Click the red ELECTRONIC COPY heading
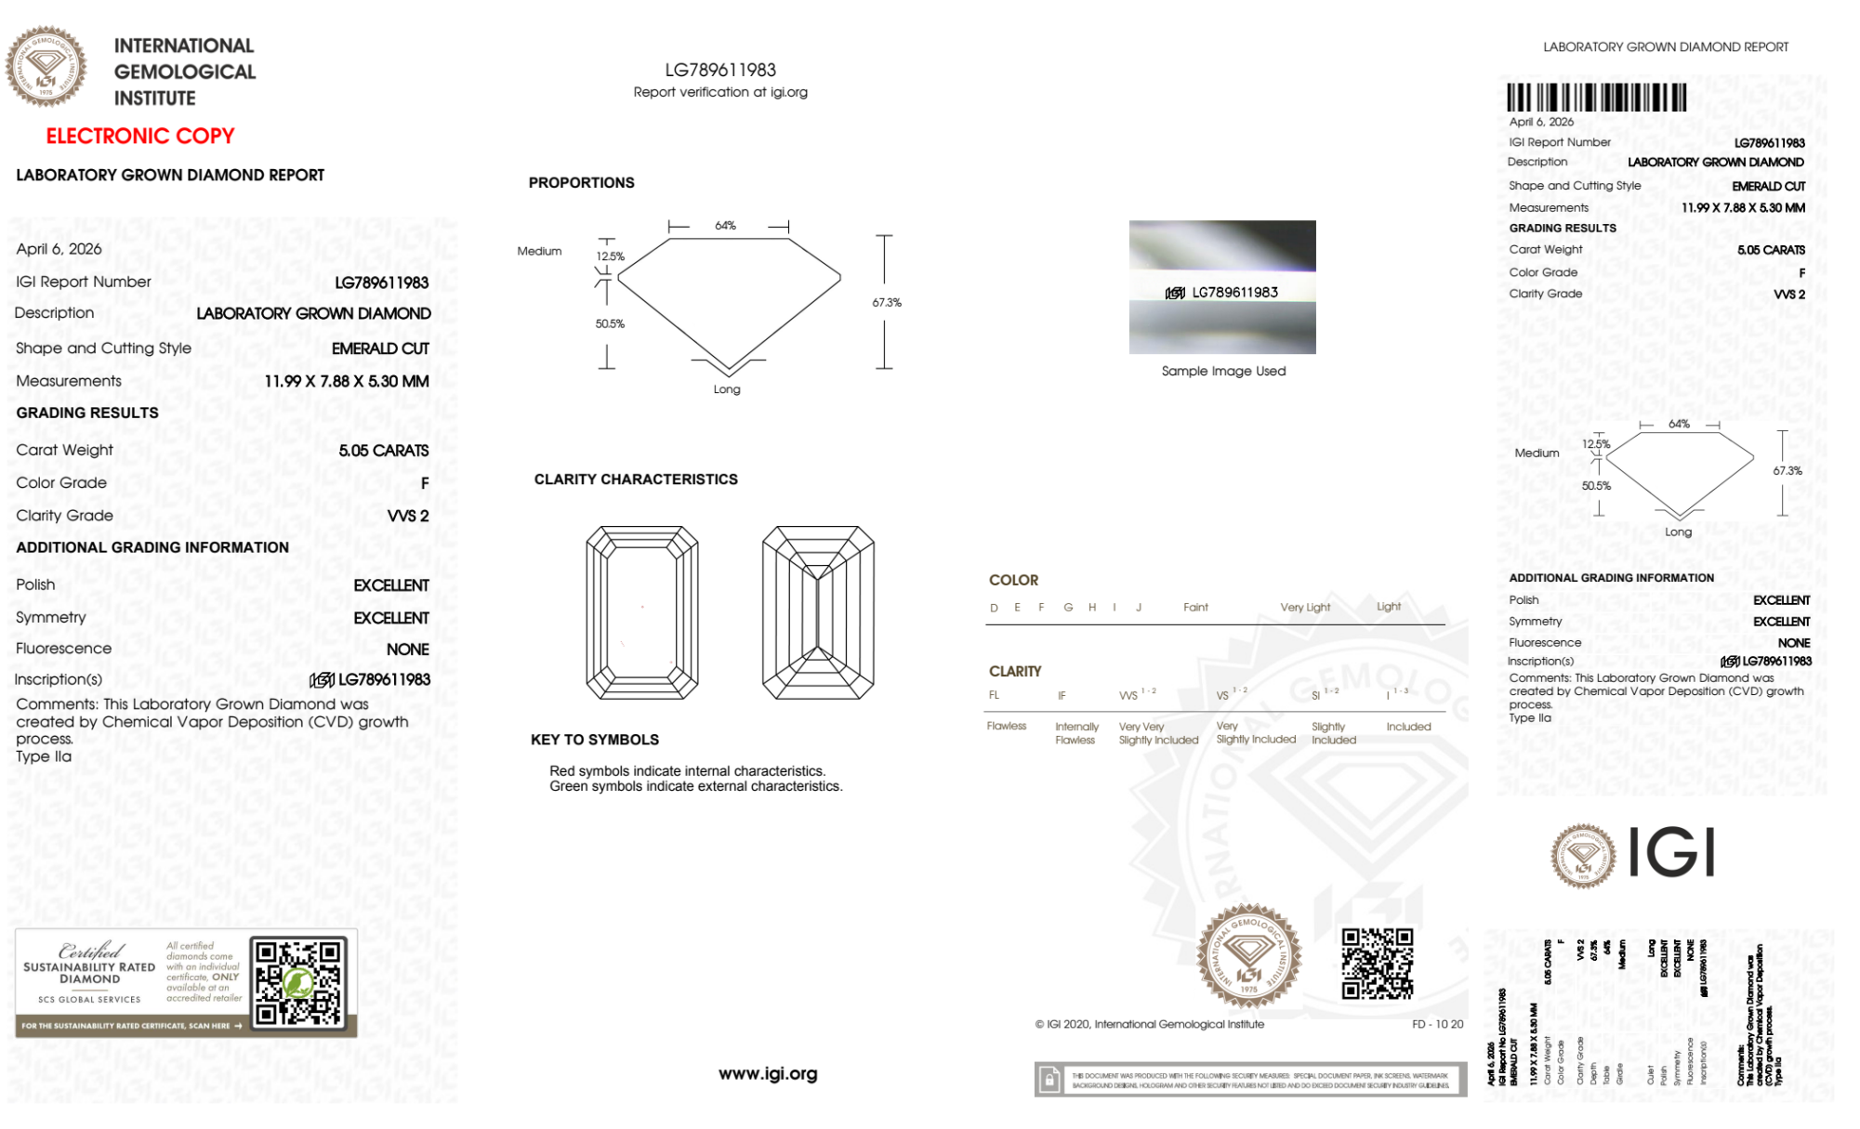(x=140, y=136)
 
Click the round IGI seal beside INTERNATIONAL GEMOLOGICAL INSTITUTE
(x=46, y=67)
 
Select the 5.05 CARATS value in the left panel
(x=383, y=451)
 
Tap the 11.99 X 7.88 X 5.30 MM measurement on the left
(x=346, y=381)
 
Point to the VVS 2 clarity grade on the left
(x=408, y=516)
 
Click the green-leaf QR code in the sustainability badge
(x=298, y=982)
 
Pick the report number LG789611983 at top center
(x=720, y=70)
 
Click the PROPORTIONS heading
(x=581, y=183)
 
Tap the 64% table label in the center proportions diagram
(x=725, y=226)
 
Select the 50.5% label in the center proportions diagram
(x=610, y=324)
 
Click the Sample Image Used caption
(x=1223, y=371)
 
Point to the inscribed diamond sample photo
(x=1222, y=286)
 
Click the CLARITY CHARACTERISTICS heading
(x=636, y=479)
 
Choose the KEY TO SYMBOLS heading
(x=595, y=740)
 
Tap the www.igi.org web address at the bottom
(x=768, y=1073)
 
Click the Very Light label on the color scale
(x=1305, y=608)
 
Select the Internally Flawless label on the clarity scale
(x=1076, y=733)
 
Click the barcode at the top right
(x=1596, y=98)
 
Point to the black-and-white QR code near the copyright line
(x=1377, y=963)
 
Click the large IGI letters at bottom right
(x=1672, y=853)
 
